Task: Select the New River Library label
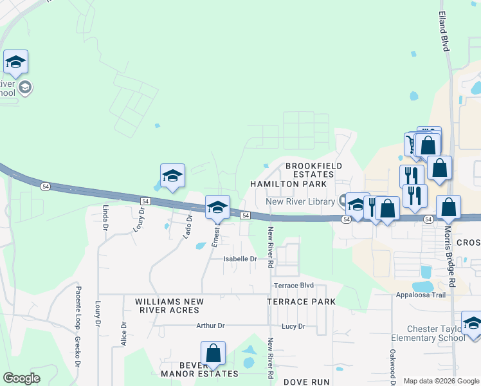[300, 201]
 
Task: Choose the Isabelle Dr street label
[240, 259]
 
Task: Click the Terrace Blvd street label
[293, 285]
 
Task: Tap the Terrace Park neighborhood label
[302, 302]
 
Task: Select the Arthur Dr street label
[210, 326]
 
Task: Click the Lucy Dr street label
[293, 326]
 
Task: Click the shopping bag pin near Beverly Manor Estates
[213, 354]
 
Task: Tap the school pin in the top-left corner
[15, 62]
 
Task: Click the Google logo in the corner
[21, 378]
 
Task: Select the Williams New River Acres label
[169, 306]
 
